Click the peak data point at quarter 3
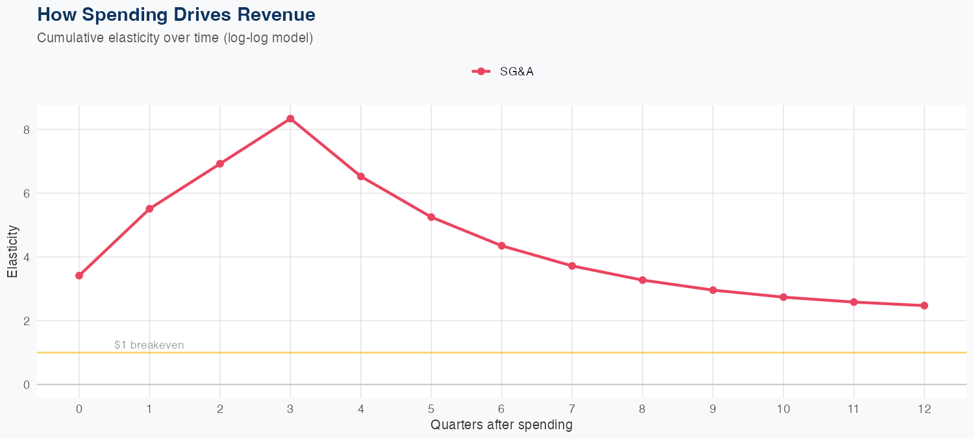point(290,118)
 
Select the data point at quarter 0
point(79,275)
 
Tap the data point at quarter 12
point(924,305)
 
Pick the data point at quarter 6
point(501,245)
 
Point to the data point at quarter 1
point(149,208)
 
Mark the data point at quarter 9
point(713,290)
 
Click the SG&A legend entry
point(503,72)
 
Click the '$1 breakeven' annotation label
point(149,345)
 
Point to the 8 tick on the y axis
point(27,129)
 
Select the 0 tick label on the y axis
point(27,384)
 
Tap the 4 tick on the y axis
point(27,257)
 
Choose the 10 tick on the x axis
point(783,409)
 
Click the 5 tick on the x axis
point(431,409)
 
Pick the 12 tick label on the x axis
point(924,409)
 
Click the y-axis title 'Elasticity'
point(12,251)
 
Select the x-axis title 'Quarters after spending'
point(501,425)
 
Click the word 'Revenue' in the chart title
point(275,14)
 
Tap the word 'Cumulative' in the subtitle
point(67,38)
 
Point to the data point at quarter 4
point(360,176)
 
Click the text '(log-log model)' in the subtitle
point(268,38)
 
